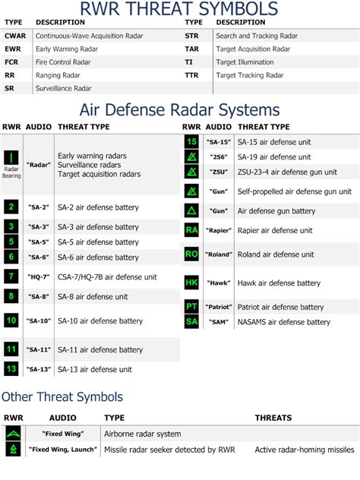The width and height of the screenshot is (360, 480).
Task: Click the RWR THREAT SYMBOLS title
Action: [178, 8]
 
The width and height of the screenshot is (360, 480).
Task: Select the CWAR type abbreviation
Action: [15, 36]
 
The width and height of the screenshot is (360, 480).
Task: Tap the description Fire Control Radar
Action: [63, 62]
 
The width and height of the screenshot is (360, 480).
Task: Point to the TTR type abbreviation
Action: [191, 75]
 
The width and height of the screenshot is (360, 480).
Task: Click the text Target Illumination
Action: [245, 62]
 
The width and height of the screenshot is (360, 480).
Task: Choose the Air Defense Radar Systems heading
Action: [180, 109]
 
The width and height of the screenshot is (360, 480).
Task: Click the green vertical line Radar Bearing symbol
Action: [11, 158]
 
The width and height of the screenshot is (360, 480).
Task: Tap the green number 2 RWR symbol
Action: [11, 207]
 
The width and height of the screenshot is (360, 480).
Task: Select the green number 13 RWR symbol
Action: [11, 369]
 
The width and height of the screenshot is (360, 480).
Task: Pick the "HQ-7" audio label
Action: [39, 277]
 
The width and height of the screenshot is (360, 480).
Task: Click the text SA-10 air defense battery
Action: [100, 321]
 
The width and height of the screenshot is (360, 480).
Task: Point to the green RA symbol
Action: [191, 230]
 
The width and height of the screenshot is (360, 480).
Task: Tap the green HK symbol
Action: [191, 283]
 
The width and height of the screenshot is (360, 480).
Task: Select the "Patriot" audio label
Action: [219, 307]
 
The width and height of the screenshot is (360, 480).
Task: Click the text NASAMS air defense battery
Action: [284, 322]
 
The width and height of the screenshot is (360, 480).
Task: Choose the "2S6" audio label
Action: [219, 157]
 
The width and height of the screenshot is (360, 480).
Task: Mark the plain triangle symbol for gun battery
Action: [191, 210]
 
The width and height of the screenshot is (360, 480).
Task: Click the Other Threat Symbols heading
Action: [62, 396]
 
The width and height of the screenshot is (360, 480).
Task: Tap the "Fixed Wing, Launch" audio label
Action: [63, 450]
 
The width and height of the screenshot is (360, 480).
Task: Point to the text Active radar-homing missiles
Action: [305, 450]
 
